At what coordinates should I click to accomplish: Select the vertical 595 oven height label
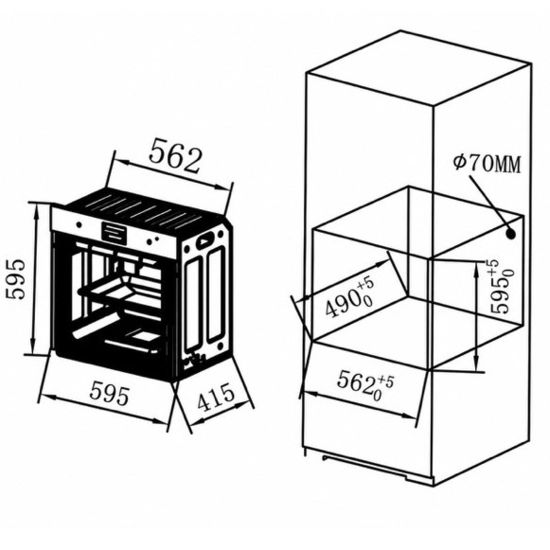[16, 279]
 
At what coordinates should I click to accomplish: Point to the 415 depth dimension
[215, 397]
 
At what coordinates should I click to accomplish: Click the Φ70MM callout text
[487, 163]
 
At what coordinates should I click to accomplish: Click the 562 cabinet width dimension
[365, 385]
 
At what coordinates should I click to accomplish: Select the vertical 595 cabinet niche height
[501, 287]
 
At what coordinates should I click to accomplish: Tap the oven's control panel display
[113, 232]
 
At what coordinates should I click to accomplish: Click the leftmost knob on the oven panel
[79, 225]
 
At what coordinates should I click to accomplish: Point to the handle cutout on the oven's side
[205, 240]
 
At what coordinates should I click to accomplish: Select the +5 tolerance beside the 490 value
[364, 283]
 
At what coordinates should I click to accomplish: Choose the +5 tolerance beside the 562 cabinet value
[386, 382]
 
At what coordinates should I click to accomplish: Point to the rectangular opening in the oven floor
[146, 335]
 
